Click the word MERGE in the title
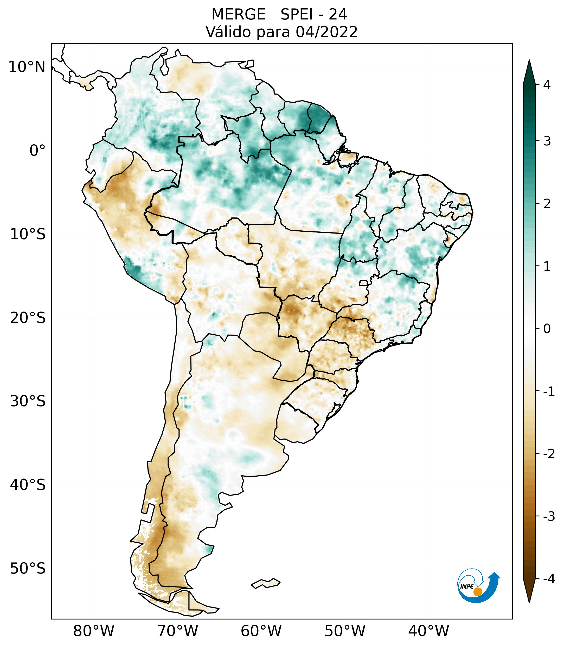238,15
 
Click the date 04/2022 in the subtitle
326,32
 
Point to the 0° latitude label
37,151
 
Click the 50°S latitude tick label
28,569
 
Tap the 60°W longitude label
261,631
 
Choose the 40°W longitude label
429,631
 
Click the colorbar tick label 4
547,85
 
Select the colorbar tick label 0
547,329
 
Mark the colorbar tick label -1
549,392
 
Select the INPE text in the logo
467,586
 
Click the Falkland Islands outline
266,583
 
